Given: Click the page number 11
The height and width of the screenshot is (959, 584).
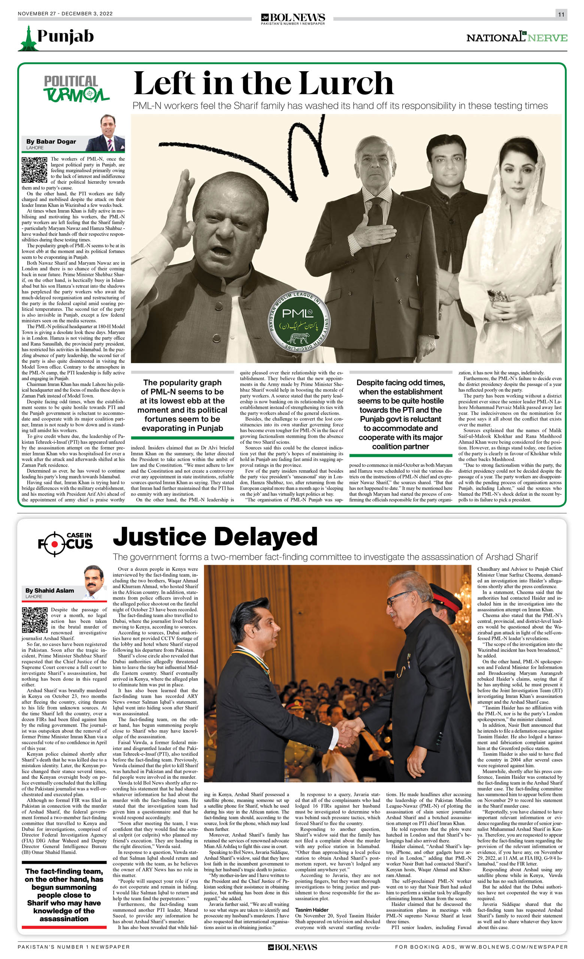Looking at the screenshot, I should pyautogui.click(x=561, y=14).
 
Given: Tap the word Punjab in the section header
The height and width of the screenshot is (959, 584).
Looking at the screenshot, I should pyautogui.click(x=65, y=36).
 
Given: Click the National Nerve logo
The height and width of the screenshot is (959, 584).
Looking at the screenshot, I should pyautogui.click(x=516, y=37).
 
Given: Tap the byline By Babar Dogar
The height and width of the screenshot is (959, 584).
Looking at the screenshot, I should pyautogui.click(x=51, y=142).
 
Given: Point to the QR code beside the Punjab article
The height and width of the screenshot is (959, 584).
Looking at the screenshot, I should pyautogui.click(x=34, y=170).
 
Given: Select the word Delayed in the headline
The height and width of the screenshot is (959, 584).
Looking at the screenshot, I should pyautogui.click(x=265, y=537).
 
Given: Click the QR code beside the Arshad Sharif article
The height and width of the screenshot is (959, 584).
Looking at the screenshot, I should pyautogui.click(x=34, y=620).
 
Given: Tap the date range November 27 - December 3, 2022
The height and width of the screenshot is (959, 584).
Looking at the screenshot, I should pyautogui.click(x=65, y=13).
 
